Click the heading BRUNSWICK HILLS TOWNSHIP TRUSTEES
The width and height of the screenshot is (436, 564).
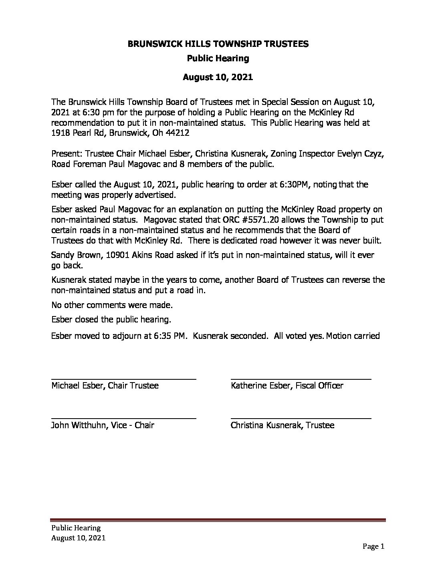coord(218,44)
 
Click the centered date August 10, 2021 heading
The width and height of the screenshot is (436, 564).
coord(218,77)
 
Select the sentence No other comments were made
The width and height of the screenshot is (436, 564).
coord(112,305)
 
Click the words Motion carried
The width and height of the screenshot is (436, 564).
coord(353,336)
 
